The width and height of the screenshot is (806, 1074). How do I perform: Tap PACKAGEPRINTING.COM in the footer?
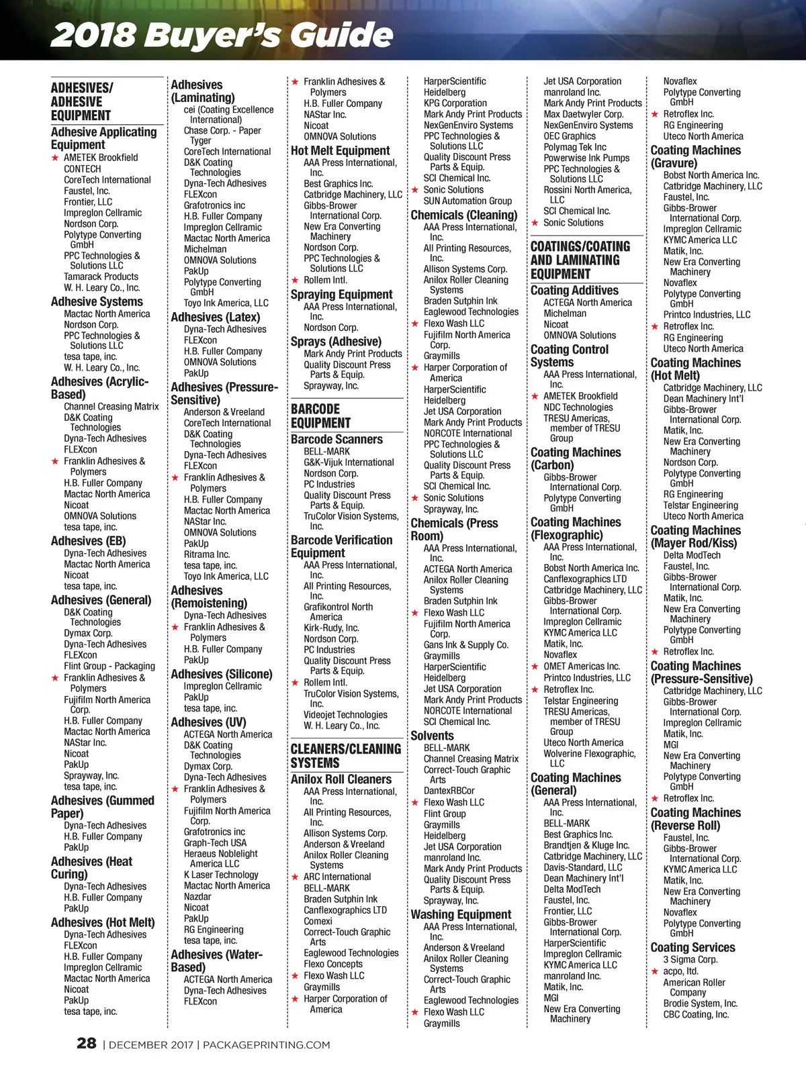pos(267,1044)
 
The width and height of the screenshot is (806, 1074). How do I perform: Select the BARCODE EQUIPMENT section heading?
pos(320,416)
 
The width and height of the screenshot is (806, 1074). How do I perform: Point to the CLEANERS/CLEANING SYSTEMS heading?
pos(345,756)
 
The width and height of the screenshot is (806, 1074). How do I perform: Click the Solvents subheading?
pos(432,736)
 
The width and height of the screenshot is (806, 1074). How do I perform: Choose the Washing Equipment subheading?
pos(461,914)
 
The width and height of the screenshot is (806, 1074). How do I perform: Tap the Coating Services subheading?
pos(692,947)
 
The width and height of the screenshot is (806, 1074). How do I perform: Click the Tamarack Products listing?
pos(101,277)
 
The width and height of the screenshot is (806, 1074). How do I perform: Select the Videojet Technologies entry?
pos(345,715)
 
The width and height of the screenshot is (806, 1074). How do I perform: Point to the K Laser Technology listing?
pos(221,875)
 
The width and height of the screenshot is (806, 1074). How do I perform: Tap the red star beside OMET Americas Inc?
pos(535,667)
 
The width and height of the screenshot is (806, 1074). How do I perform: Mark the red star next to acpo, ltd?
pos(655,971)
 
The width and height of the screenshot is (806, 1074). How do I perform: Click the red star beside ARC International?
pos(295,877)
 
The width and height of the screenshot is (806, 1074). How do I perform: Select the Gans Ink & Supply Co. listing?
pos(465,645)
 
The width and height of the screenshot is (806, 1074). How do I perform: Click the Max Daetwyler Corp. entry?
pos(583,114)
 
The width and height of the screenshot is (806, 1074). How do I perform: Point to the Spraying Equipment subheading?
pos(341,294)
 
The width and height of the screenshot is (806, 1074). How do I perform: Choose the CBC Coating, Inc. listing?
pos(696,1014)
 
